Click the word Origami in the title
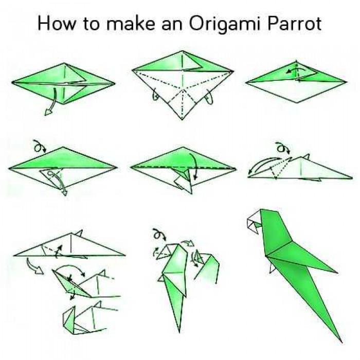(x=224, y=24)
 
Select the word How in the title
(x=56, y=23)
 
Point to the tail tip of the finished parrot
(x=341, y=343)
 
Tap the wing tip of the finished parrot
(x=337, y=273)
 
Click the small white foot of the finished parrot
(x=272, y=268)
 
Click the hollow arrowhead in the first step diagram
(x=48, y=112)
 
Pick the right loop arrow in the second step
(x=210, y=97)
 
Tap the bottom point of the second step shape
(x=182, y=119)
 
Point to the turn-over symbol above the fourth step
(x=40, y=146)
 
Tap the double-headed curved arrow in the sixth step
(x=264, y=164)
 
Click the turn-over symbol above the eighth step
(x=159, y=234)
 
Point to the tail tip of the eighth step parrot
(x=179, y=332)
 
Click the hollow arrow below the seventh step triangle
(x=34, y=266)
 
